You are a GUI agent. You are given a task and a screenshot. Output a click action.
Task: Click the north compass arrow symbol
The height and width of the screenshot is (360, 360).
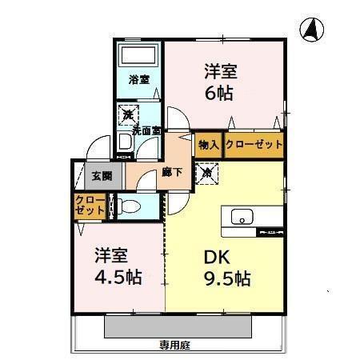coord(312,30)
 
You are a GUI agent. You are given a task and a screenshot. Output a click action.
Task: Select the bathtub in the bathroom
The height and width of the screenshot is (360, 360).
coord(139,57)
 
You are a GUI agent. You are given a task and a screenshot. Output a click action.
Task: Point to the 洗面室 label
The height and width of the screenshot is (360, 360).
coord(146,130)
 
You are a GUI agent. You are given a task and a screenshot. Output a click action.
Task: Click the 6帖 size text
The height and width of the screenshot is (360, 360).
coord(219,93)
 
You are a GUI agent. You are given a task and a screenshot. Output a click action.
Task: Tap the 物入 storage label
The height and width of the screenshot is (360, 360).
coord(208,145)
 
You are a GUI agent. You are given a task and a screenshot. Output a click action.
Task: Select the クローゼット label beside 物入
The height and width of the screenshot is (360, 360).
coord(254,145)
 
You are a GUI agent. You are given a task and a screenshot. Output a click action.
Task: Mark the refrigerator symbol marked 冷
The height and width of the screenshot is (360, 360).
coord(207,171)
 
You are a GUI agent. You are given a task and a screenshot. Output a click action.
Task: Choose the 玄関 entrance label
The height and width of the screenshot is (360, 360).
coord(101,176)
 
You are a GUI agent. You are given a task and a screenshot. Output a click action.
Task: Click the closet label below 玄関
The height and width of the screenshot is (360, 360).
coord(90,205)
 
